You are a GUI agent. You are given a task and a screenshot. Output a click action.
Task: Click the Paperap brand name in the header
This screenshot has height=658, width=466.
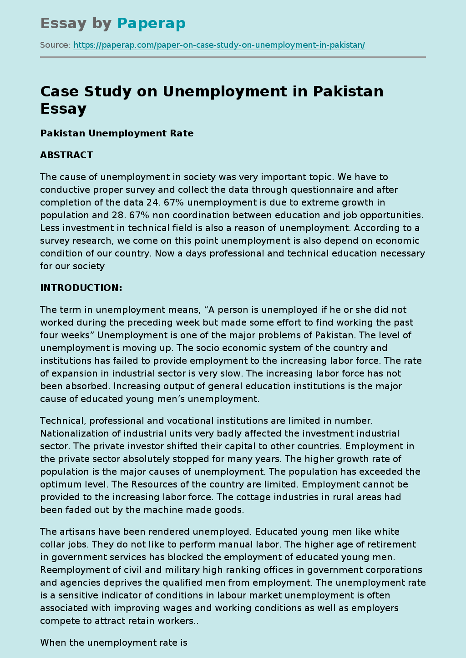151,23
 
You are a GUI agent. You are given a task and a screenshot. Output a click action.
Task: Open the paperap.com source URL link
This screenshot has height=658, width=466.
219,45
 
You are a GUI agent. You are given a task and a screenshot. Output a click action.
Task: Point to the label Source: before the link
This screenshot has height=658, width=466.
55,45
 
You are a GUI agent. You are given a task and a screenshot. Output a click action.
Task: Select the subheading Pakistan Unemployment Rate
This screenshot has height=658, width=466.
117,133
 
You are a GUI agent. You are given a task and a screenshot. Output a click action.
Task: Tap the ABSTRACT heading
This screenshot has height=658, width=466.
66,155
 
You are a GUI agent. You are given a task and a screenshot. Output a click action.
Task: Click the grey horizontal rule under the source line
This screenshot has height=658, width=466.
233,57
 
